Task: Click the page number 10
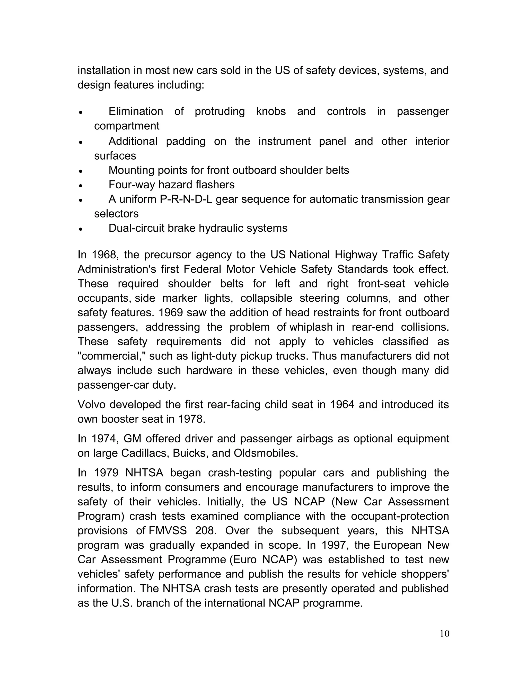tap(444, 634)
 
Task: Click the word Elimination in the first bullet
tap(136, 111)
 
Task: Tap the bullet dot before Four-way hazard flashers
tap(81, 186)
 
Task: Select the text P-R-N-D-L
tap(186, 199)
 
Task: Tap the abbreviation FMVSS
tap(168, 531)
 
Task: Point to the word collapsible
tap(266, 298)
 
